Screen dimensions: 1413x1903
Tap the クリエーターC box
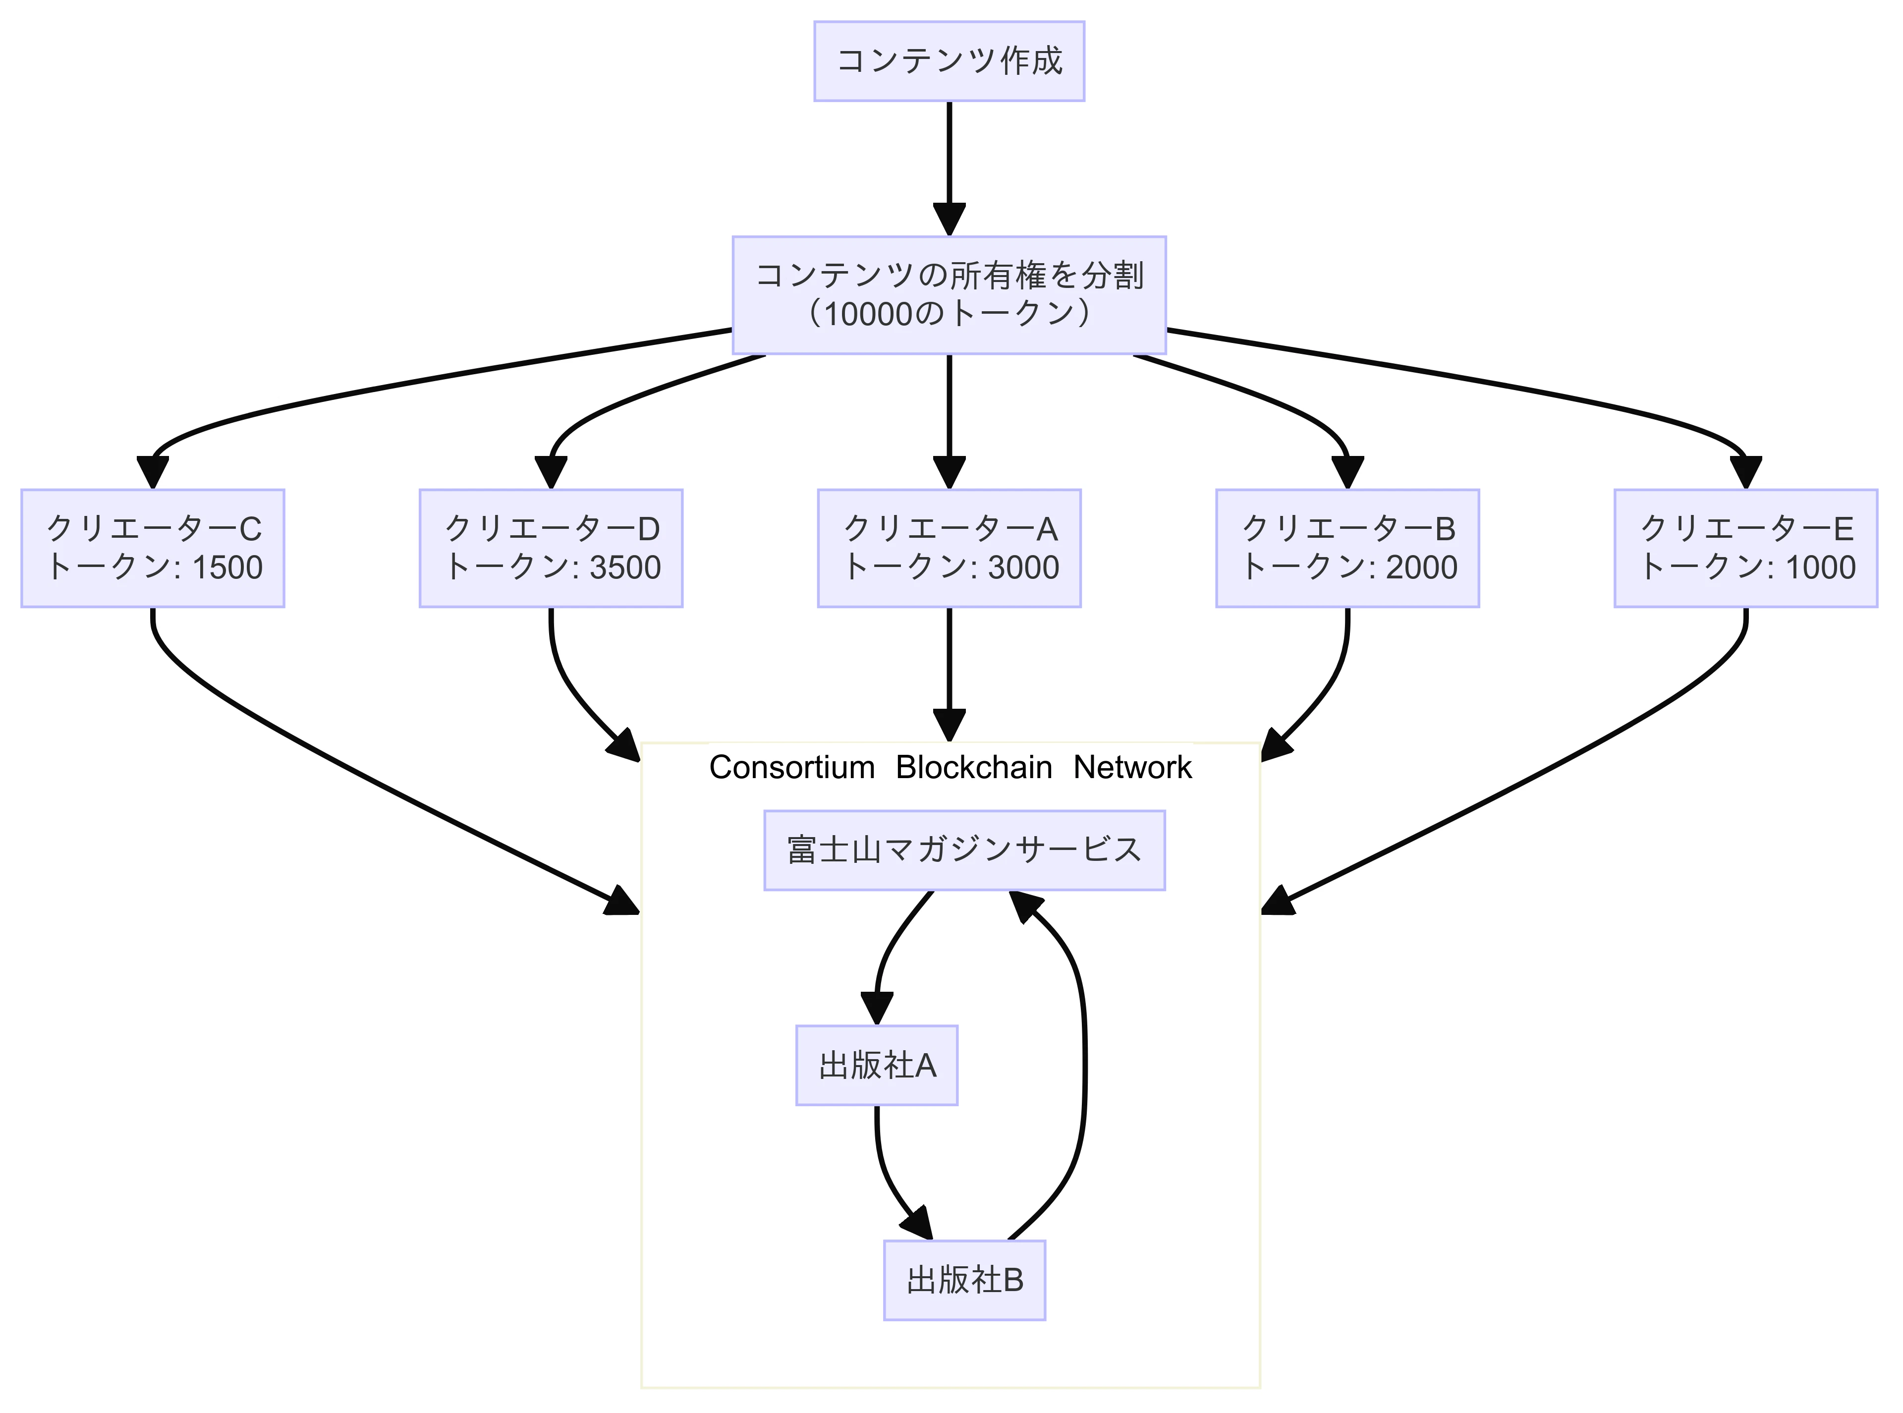click(x=152, y=548)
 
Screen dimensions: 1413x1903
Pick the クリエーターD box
click(x=551, y=548)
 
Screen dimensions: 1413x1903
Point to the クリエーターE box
click(x=1745, y=548)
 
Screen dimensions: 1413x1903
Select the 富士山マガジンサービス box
click(x=964, y=850)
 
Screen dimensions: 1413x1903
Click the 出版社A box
click(x=877, y=1066)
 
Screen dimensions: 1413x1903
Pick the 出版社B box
click(x=964, y=1281)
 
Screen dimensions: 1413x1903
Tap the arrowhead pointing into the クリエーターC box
click(x=152, y=473)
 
